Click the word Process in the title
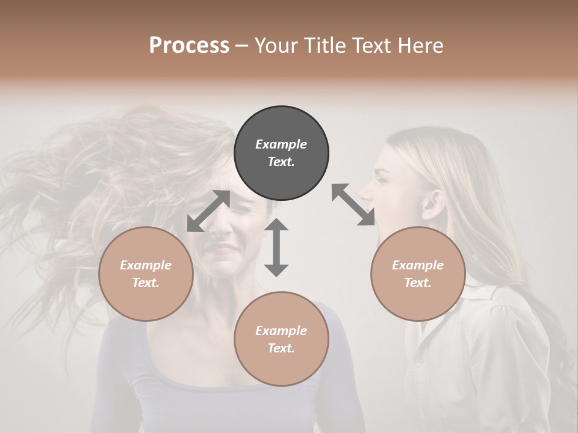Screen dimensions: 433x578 tap(189, 46)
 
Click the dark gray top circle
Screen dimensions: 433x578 tap(281, 153)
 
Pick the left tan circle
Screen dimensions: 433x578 tap(146, 274)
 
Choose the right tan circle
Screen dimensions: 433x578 tap(418, 274)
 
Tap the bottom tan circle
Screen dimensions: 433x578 tap(281, 339)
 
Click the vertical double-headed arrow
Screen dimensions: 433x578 tap(276, 247)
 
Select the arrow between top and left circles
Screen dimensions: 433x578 tap(208, 211)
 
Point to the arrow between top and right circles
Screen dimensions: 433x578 tap(353, 204)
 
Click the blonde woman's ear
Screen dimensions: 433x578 tap(432, 206)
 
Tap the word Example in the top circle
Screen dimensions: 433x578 tap(281, 144)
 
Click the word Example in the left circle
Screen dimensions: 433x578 tap(146, 265)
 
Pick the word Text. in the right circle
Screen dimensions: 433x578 tap(418, 283)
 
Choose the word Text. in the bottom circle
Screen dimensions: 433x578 tap(281, 348)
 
